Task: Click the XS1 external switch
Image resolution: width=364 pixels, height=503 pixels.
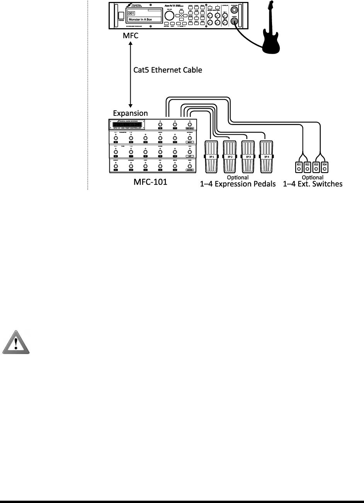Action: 299,166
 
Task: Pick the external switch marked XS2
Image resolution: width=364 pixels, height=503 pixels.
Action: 307,166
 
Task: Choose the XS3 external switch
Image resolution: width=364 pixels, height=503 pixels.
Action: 316,166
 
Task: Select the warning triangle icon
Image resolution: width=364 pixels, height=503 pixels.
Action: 16,342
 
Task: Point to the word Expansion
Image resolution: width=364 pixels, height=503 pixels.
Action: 130,113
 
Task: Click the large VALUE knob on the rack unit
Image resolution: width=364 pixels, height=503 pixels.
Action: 169,16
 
